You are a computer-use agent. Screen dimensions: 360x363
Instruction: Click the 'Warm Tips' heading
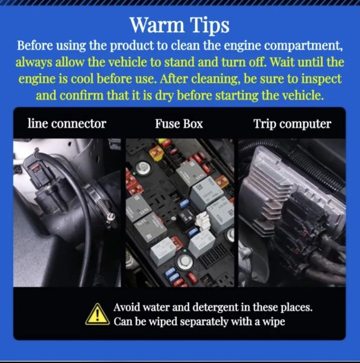pos(179,25)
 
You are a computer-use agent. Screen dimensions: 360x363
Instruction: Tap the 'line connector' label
pos(67,124)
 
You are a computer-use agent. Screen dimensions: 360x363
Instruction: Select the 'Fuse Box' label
pos(178,124)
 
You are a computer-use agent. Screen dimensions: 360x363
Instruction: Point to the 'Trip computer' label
pos(292,124)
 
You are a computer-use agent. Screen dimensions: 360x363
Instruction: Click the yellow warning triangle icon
pos(97,315)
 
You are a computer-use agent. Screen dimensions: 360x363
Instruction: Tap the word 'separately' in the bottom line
pos(204,322)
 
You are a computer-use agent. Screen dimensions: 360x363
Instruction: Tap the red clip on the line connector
pos(34,168)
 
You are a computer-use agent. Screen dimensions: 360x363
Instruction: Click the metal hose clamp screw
pos(112,216)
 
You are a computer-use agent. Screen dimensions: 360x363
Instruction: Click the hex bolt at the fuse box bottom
pos(184,261)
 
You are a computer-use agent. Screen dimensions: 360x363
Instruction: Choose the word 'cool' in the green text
pos(82,80)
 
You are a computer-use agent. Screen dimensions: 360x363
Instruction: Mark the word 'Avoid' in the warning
pos(127,308)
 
